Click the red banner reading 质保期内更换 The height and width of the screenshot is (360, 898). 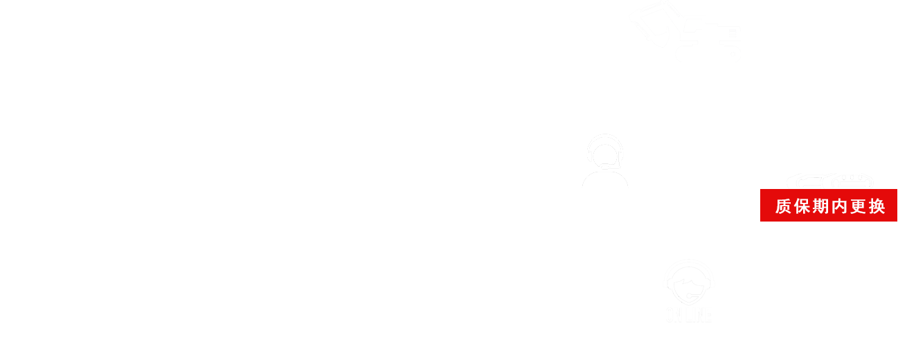tap(829, 206)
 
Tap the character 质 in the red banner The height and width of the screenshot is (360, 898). tap(783, 206)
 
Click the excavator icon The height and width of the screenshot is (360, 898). tap(684, 31)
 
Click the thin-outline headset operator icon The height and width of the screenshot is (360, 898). tap(605, 161)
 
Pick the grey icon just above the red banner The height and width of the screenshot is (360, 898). tap(829, 181)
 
